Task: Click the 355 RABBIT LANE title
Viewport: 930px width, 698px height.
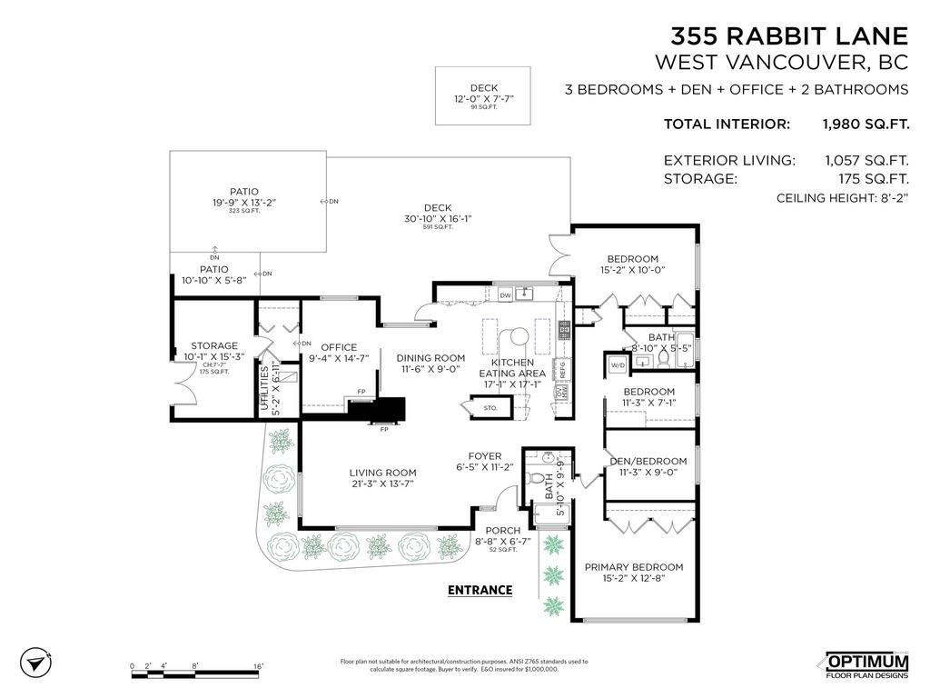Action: coord(788,35)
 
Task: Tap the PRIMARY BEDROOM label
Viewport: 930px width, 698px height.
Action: coord(633,567)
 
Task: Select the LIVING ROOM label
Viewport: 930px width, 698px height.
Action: coord(382,473)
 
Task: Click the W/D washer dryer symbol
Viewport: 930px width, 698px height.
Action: coord(618,365)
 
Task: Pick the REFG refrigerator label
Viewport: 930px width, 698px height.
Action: coord(562,369)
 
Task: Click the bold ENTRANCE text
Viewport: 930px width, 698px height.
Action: coord(480,590)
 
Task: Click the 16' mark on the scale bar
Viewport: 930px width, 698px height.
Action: coord(258,667)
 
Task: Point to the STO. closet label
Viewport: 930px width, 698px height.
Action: coord(490,408)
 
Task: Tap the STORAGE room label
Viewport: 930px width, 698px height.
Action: coord(213,345)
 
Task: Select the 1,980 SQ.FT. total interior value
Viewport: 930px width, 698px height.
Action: coord(865,125)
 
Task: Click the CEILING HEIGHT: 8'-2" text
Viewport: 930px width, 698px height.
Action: coord(842,198)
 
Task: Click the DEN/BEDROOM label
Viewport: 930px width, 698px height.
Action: coord(648,461)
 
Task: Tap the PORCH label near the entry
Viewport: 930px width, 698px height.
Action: coord(502,531)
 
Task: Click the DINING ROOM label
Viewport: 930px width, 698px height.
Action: coord(430,357)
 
